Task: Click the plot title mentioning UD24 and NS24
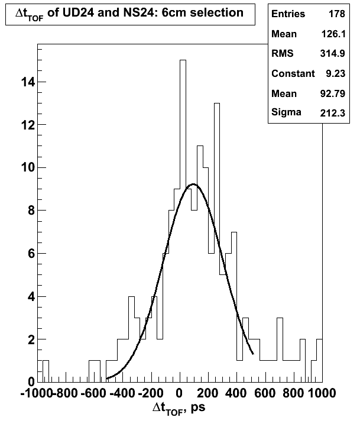[129, 14]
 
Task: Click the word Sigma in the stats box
[286, 112]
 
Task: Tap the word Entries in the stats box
[288, 14]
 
